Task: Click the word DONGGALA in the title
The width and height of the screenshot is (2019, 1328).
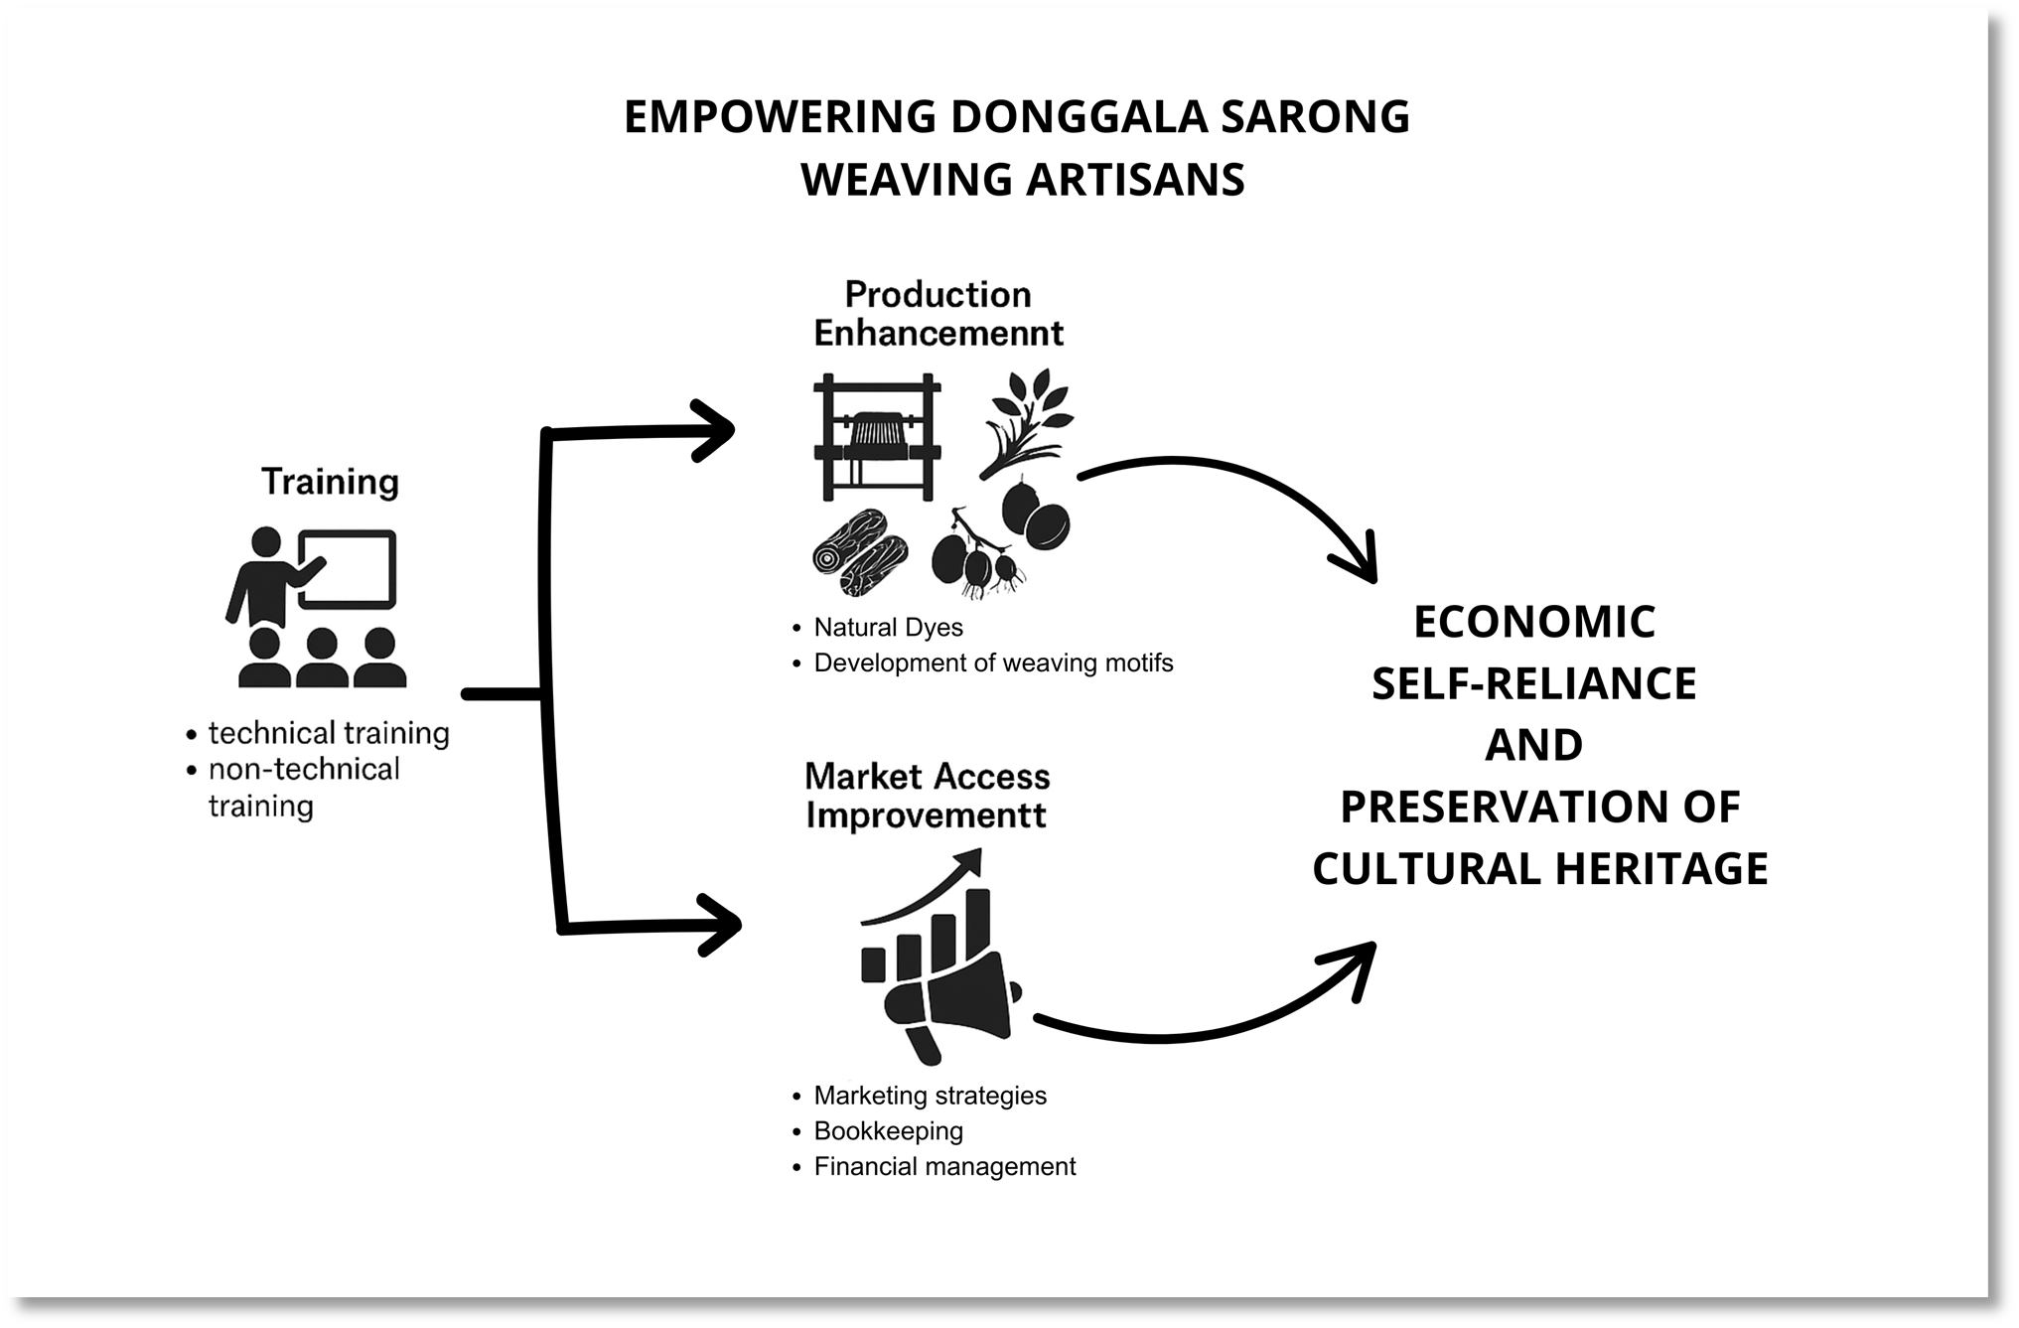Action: pyautogui.click(x=1079, y=117)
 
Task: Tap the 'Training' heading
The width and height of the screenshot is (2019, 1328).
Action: pyautogui.click(x=330, y=482)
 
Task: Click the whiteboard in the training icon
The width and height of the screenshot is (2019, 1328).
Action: pyautogui.click(x=348, y=568)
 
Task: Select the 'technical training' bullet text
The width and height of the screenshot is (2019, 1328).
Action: pyautogui.click(x=329, y=733)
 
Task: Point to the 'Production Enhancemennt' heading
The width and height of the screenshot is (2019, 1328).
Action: pyautogui.click(x=937, y=313)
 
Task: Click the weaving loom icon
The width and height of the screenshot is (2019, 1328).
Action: pyautogui.click(x=876, y=436)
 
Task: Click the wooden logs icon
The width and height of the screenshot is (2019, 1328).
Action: pyautogui.click(x=860, y=553)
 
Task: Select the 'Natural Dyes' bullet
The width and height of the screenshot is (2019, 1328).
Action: pyautogui.click(x=888, y=628)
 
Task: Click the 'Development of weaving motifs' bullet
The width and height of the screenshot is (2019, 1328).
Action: pyautogui.click(x=993, y=663)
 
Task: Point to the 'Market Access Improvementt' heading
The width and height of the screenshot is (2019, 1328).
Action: pyautogui.click(x=927, y=796)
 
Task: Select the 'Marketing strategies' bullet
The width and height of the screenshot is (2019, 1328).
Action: pyautogui.click(x=930, y=1096)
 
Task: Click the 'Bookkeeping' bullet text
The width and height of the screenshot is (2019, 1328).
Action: pyautogui.click(x=888, y=1131)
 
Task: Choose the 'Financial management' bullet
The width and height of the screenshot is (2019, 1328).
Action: pyautogui.click(x=944, y=1166)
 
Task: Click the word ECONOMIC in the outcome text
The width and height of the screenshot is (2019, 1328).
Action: pyautogui.click(x=1533, y=623)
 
